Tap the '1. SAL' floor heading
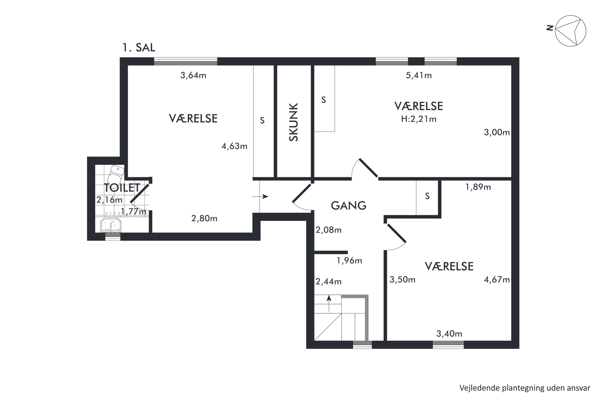139,48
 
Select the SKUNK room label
293,122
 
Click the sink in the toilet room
111,225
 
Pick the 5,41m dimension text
419,75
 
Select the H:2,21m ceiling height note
419,119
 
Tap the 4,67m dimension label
497,280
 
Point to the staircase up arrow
329,303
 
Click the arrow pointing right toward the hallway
260,197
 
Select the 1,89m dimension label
478,187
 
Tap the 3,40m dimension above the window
449,334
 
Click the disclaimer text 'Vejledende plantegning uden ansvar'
525,388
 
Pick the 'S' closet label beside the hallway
427,196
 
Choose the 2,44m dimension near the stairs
328,282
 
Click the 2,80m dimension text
204,218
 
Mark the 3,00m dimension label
497,132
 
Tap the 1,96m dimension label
349,261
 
